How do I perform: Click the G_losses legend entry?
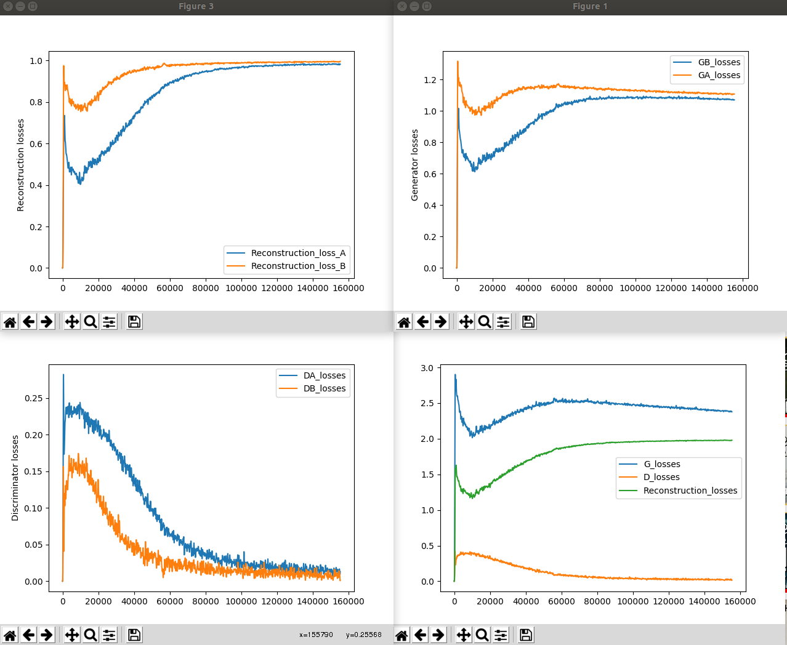tap(661, 464)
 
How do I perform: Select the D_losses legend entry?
tap(661, 477)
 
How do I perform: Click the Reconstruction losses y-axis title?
tap(20, 165)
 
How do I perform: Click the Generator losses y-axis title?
tap(414, 165)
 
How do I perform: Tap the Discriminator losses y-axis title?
tap(15, 478)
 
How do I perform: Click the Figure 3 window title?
tap(196, 6)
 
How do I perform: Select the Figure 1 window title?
tap(590, 6)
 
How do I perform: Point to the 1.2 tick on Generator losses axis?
tap(430, 80)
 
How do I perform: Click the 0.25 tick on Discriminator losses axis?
tap(33, 398)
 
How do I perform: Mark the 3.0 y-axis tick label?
tap(427, 368)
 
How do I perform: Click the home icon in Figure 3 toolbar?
tap(10, 322)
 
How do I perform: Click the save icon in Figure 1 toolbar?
tap(528, 322)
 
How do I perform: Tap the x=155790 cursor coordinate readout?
tap(316, 635)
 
